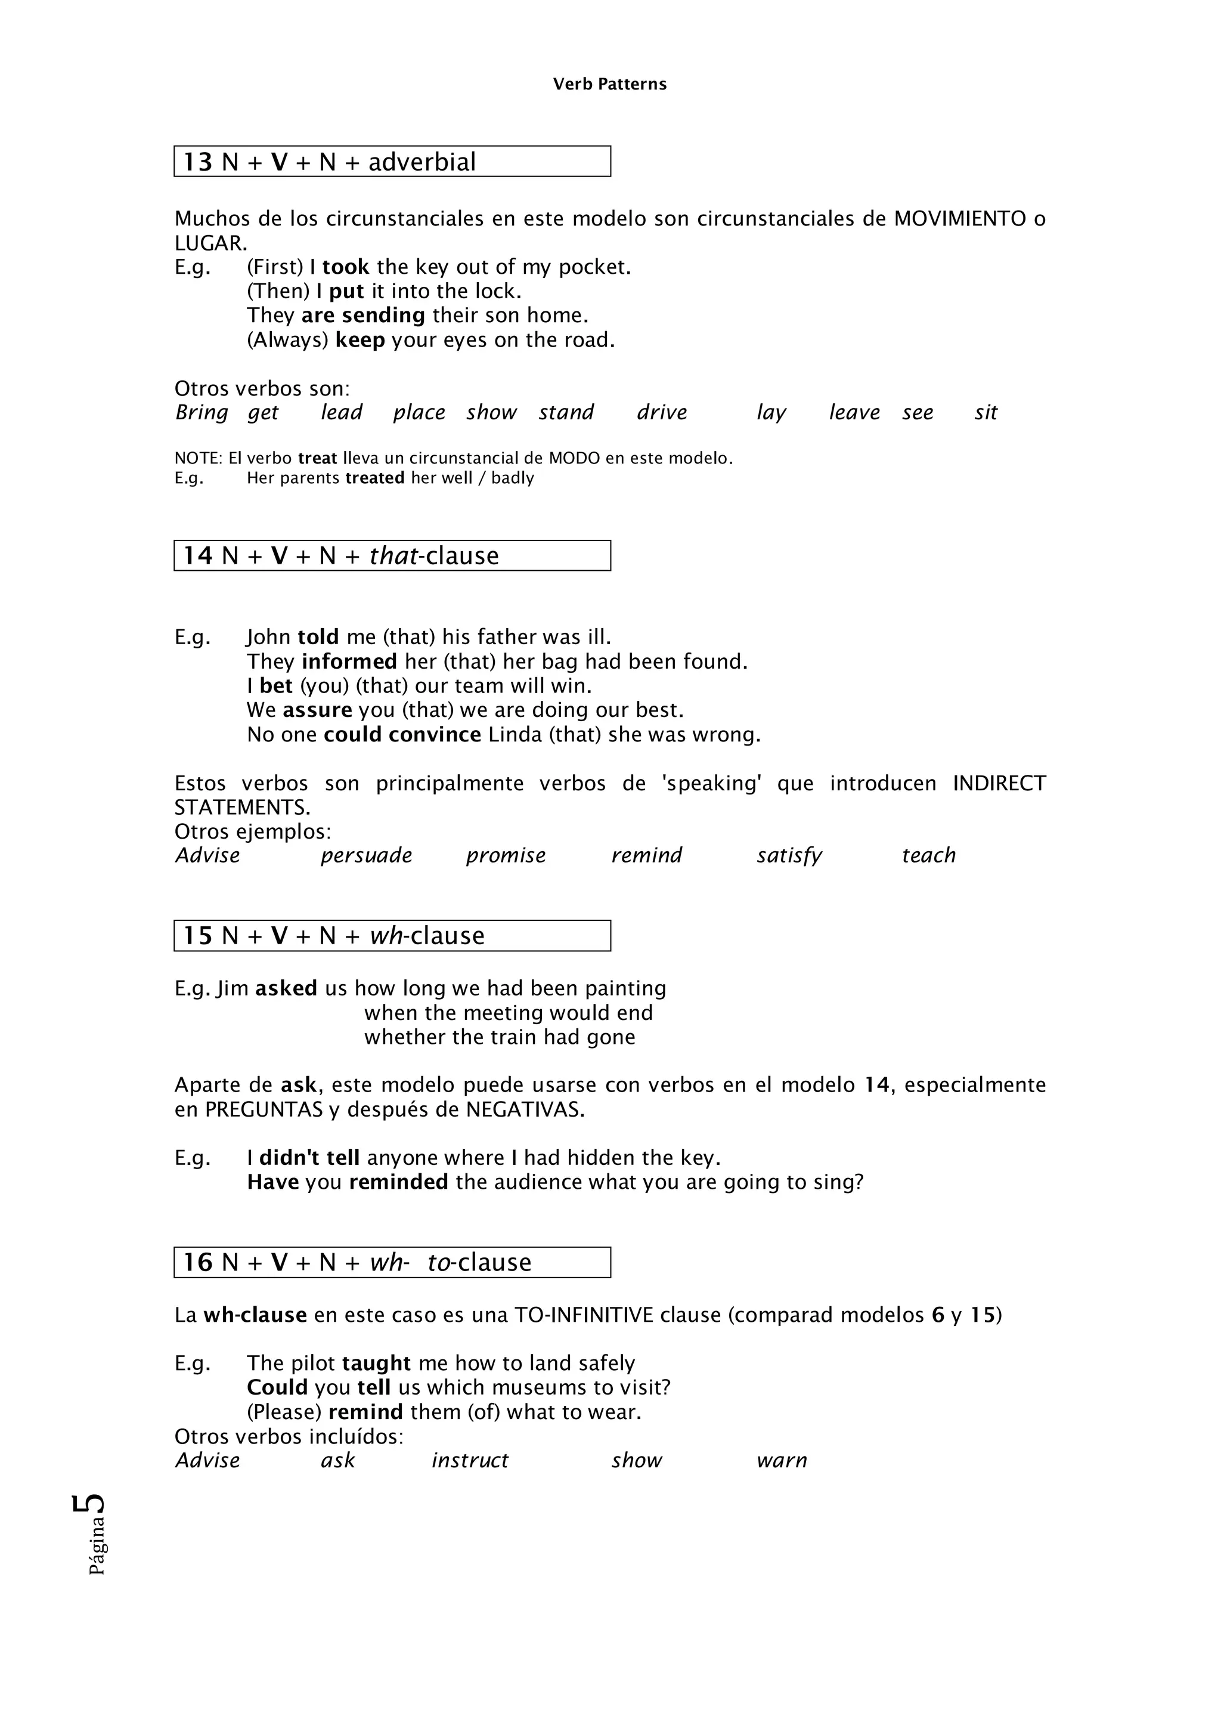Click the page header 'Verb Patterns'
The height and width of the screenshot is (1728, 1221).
[x=609, y=84]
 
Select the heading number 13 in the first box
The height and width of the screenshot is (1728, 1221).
[x=199, y=162]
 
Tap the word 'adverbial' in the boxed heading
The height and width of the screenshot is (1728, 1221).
[x=422, y=162]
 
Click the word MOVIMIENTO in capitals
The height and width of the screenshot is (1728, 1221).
[x=959, y=219]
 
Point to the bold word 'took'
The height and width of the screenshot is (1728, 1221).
[x=345, y=267]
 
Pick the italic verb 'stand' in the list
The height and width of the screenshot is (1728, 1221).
[x=566, y=412]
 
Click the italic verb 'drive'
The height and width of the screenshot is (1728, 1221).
[x=661, y=412]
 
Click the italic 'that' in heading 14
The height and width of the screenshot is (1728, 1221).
[x=393, y=556]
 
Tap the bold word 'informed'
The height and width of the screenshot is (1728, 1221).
[x=349, y=661]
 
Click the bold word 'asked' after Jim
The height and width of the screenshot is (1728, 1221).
[x=286, y=988]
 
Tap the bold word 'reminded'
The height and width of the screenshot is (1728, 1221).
[x=398, y=1182]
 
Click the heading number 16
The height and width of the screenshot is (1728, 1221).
[x=199, y=1262]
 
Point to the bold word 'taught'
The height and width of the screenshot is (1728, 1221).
[x=376, y=1364]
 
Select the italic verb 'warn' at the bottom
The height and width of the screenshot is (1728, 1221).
[x=781, y=1461]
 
